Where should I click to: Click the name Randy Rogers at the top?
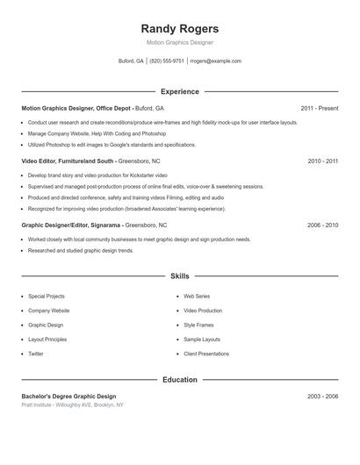pyautogui.click(x=179, y=28)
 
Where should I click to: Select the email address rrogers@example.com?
pyautogui.click(x=215, y=61)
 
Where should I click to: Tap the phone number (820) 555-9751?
pyautogui.click(x=167, y=61)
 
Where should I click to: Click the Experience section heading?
pyautogui.click(x=179, y=91)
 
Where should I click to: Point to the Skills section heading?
pyautogui.click(x=179, y=275)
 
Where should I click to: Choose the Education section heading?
pyautogui.click(x=179, y=380)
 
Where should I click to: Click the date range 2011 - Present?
pyautogui.click(x=319, y=108)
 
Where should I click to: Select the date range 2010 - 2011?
pyautogui.click(x=322, y=161)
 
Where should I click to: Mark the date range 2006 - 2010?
pyautogui.click(x=322, y=225)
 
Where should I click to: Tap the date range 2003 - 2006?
pyautogui.click(x=322, y=397)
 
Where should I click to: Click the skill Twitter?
pyautogui.click(x=36, y=354)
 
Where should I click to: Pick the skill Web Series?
pyautogui.click(x=197, y=297)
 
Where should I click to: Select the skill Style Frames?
pyautogui.click(x=198, y=325)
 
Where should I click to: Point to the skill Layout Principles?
pyautogui.click(x=47, y=339)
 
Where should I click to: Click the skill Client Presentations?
pyautogui.click(x=206, y=354)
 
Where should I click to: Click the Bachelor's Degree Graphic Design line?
pyautogui.click(x=68, y=397)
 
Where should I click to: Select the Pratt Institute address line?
pyautogui.click(x=72, y=405)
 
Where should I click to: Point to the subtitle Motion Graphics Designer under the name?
pyautogui.click(x=179, y=42)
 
